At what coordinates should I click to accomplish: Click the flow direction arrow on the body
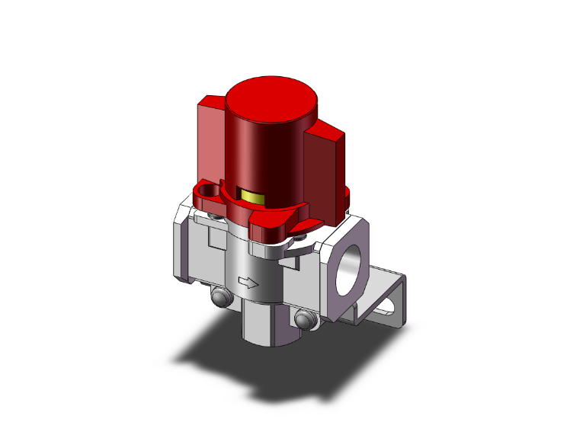248,283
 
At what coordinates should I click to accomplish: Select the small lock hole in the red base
207,189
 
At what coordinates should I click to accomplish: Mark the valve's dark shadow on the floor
229,358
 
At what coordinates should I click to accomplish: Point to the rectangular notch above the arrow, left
215,242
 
